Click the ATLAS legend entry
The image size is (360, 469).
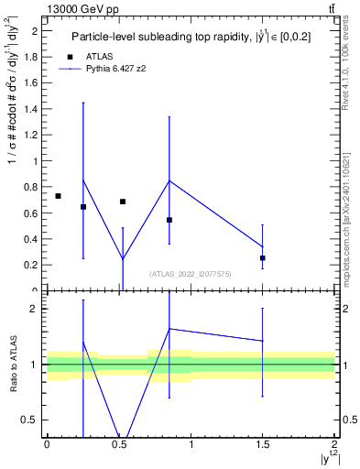click(98, 56)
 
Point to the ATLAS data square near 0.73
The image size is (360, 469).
click(58, 196)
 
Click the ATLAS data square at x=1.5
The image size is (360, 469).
click(263, 258)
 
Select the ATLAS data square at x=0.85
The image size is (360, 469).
click(169, 220)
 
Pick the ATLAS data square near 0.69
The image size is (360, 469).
click(123, 202)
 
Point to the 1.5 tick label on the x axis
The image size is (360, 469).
click(263, 444)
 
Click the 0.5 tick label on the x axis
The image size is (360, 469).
click(118, 444)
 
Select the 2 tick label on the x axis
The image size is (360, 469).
click(334, 444)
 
